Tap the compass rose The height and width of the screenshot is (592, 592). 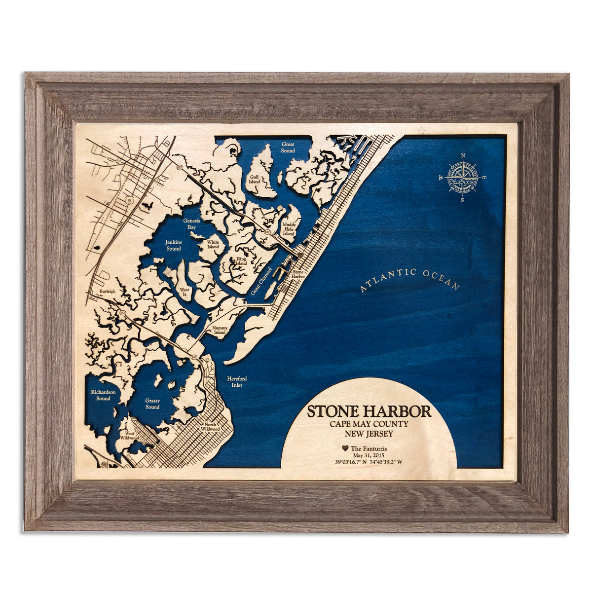[x=463, y=178]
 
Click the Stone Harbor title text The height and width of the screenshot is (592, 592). [x=369, y=412]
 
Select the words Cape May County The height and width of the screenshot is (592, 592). [x=369, y=424]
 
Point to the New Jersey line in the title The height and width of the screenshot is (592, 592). [x=369, y=434]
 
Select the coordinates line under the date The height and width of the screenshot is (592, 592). [x=369, y=463]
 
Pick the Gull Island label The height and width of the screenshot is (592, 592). [x=255, y=178]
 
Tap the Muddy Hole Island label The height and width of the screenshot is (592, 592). [x=289, y=228]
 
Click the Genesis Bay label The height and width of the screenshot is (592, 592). [x=191, y=224]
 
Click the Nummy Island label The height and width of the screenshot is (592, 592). [x=219, y=330]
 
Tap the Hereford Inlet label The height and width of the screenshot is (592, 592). [x=237, y=382]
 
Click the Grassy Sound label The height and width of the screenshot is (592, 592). [x=152, y=404]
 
